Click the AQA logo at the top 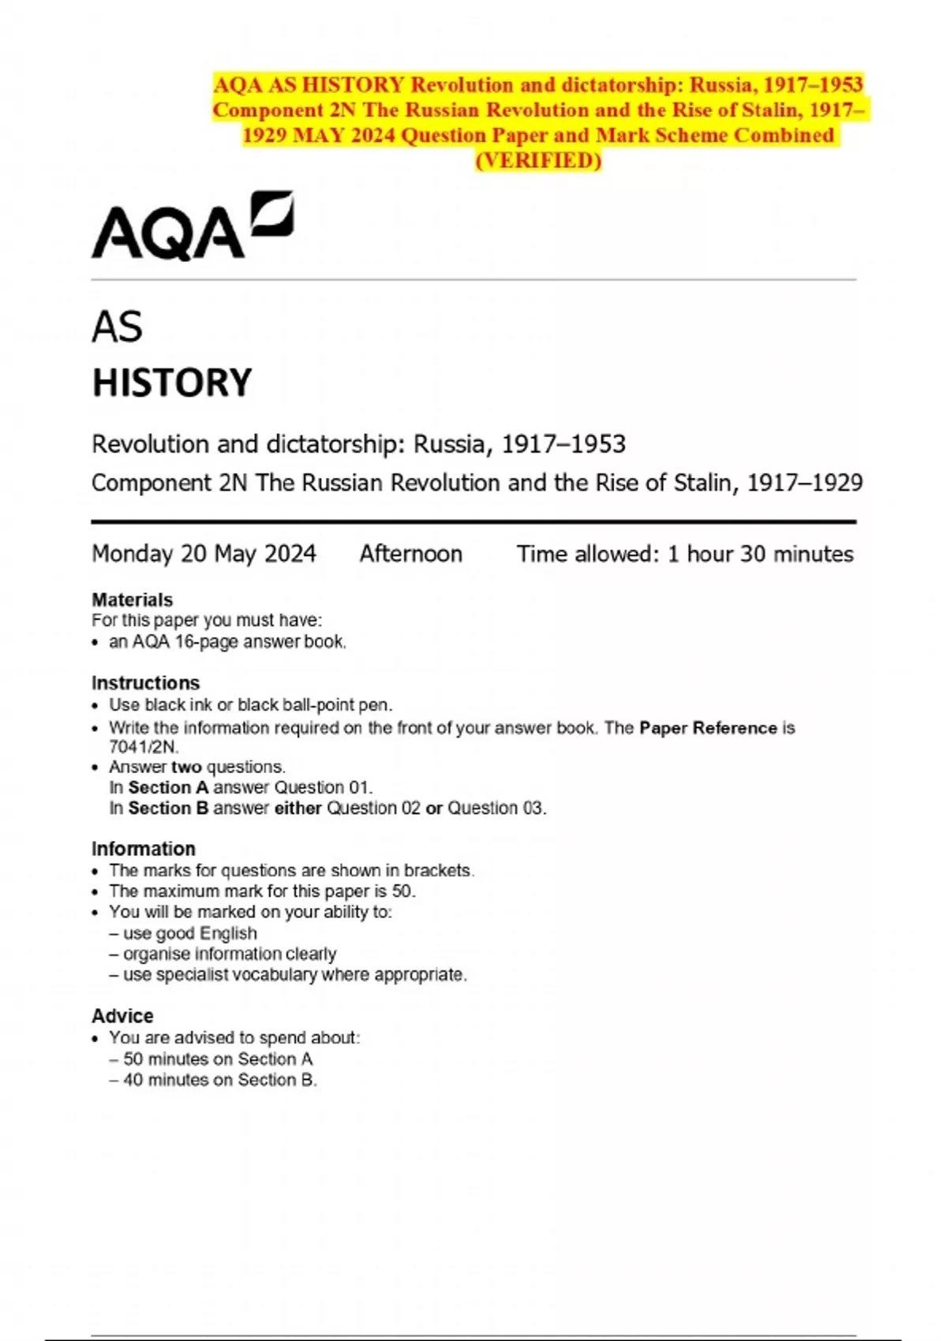[x=192, y=226]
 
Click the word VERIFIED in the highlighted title [x=538, y=161]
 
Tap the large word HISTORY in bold [x=172, y=383]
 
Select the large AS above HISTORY [x=117, y=327]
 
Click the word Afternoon [x=410, y=554]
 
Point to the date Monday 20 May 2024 [x=204, y=554]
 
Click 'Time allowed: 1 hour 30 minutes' [x=684, y=554]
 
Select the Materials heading [x=132, y=600]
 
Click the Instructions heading [x=145, y=682]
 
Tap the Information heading [x=143, y=849]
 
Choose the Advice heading [x=122, y=1016]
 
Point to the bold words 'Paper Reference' [x=708, y=727]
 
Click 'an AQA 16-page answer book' [x=227, y=641]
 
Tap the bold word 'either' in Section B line [x=298, y=808]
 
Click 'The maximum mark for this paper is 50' [x=262, y=891]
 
